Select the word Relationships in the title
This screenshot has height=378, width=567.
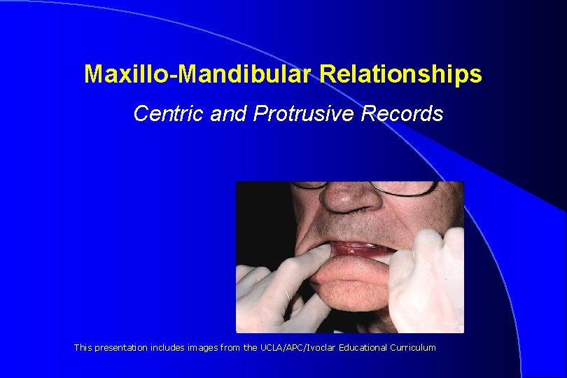[401, 74]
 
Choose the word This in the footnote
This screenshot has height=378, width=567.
[83, 348]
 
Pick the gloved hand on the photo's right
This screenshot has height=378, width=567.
[427, 280]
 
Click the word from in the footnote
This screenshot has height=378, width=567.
[230, 348]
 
